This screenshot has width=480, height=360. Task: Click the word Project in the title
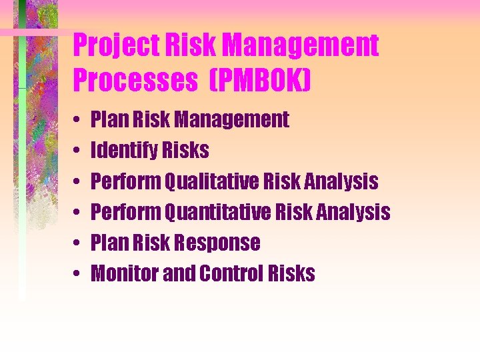[x=111, y=46]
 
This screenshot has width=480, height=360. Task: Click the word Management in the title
[x=301, y=46]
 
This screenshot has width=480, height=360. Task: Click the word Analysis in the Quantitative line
[x=353, y=212]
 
